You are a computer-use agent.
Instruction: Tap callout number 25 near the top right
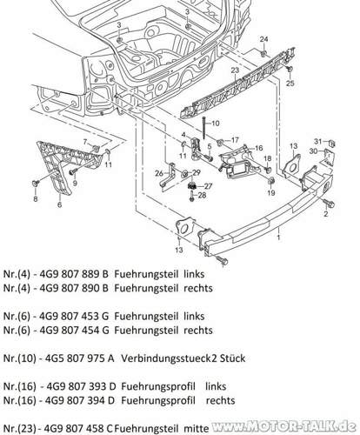(x=290, y=83)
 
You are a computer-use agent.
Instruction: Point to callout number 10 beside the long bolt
(x=216, y=124)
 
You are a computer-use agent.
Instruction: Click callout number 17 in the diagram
(x=235, y=140)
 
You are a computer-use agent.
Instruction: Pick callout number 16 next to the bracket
(x=258, y=149)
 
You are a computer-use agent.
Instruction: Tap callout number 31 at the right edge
(x=319, y=141)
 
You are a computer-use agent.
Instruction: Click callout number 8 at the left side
(x=36, y=199)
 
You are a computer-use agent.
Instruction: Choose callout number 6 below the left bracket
(x=59, y=205)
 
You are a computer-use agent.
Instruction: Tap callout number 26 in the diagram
(x=159, y=173)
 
